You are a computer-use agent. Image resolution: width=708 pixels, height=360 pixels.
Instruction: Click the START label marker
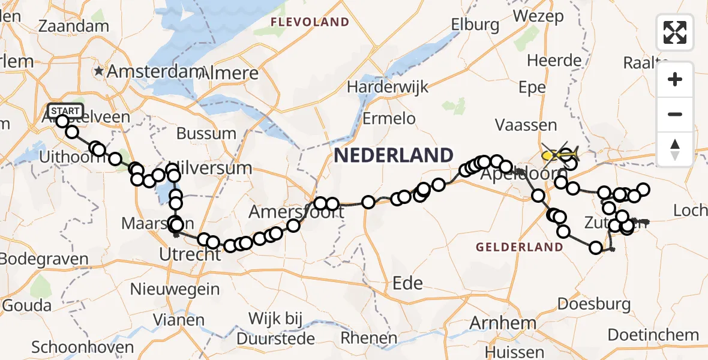pyautogui.click(x=65, y=110)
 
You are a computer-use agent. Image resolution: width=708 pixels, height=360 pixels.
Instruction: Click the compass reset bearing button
pyautogui.click(x=675, y=149)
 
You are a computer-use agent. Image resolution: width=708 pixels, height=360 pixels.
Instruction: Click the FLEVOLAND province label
pyautogui.click(x=310, y=22)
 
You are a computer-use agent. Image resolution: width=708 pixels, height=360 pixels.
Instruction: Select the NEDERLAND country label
pyautogui.click(x=394, y=155)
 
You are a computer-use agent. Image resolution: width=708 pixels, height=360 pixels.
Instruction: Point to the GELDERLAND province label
pyautogui.click(x=520, y=247)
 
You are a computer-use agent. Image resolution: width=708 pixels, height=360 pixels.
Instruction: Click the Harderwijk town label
pyautogui.click(x=388, y=86)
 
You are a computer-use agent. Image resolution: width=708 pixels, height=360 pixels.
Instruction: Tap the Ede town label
pyautogui.click(x=407, y=283)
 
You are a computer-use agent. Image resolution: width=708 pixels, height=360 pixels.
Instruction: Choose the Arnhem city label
pyautogui.click(x=494, y=323)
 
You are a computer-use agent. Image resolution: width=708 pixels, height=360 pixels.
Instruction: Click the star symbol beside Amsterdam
pyautogui.click(x=99, y=71)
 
